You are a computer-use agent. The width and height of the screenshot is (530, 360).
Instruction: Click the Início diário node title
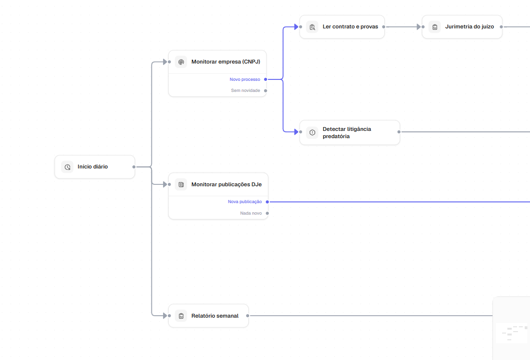[x=93, y=167]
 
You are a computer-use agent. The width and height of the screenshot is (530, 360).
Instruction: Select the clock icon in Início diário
[x=67, y=167]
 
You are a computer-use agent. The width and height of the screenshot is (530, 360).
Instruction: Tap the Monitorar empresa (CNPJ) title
[x=226, y=62]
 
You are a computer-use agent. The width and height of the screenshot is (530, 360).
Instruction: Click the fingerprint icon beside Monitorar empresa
[x=181, y=62]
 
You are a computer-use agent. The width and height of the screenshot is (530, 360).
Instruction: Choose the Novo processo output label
[x=245, y=79]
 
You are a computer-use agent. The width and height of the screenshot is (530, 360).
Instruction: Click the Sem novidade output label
[x=245, y=90]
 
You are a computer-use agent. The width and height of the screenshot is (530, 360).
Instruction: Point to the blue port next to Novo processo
[x=265, y=79]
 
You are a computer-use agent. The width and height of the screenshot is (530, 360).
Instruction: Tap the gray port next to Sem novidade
[x=265, y=90]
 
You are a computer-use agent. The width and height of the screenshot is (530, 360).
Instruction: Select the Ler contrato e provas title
[x=350, y=26]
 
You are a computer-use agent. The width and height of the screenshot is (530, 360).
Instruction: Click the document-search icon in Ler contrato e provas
[x=312, y=27]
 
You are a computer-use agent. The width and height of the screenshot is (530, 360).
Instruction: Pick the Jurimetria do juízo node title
[x=469, y=26]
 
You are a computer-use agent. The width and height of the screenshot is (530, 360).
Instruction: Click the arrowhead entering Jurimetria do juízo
[x=418, y=27]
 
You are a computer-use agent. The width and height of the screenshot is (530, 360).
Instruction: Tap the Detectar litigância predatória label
[x=347, y=133]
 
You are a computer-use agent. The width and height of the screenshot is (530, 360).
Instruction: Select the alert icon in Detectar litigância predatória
[x=312, y=132]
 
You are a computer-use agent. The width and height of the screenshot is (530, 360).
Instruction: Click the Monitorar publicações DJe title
[x=227, y=184]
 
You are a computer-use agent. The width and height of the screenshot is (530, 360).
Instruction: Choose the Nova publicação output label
[x=245, y=202]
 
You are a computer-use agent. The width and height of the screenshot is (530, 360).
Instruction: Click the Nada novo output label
[x=251, y=213]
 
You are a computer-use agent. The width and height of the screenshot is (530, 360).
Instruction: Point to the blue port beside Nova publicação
[x=267, y=202]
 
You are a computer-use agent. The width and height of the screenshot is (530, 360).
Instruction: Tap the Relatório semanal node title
[x=215, y=316]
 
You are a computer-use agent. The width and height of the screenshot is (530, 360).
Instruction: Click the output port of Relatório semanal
[x=248, y=316]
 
